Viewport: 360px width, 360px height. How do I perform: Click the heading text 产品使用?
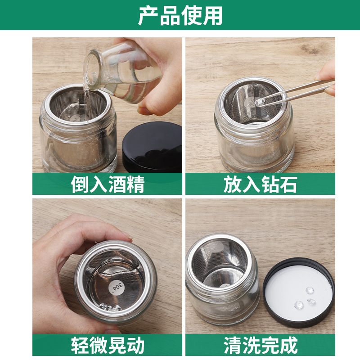pyautogui.click(x=180, y=16)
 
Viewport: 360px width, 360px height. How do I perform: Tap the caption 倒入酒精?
pyautogui.click(x=108, y=184)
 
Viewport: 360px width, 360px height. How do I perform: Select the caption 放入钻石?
pyautogui.click(x=261, y=184)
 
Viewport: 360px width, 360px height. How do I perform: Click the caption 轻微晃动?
pyautogui.click(x=108, y=345)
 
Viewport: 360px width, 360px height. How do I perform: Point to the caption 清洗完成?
pyautogui.click(x=261, y=345)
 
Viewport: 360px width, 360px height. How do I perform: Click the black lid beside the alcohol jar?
pyautogui.click(x=153, y=147)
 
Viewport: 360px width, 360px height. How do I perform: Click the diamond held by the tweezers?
pyautogui.click(x=260, y=102)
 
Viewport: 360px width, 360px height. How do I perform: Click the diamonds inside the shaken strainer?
pyautogui.click(x=110, y=307)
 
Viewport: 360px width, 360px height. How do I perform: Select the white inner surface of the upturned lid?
pyautogui.click(x=298, y=293)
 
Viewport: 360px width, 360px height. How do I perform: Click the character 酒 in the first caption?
pyautogui.click(x=117, y=184)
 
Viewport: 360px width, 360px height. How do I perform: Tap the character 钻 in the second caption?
pyautogui.click(x=270, y=184)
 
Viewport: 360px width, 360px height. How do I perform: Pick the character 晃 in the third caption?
pyautogui.click(x=117, y=345)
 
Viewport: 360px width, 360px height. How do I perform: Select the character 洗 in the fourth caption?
pyautogui.click(x=251, y=345)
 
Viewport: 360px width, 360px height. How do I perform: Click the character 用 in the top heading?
pyautogui.click(x=212, y=16)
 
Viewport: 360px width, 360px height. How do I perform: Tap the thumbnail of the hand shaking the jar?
pyautogui.click(x=127, y=237)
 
